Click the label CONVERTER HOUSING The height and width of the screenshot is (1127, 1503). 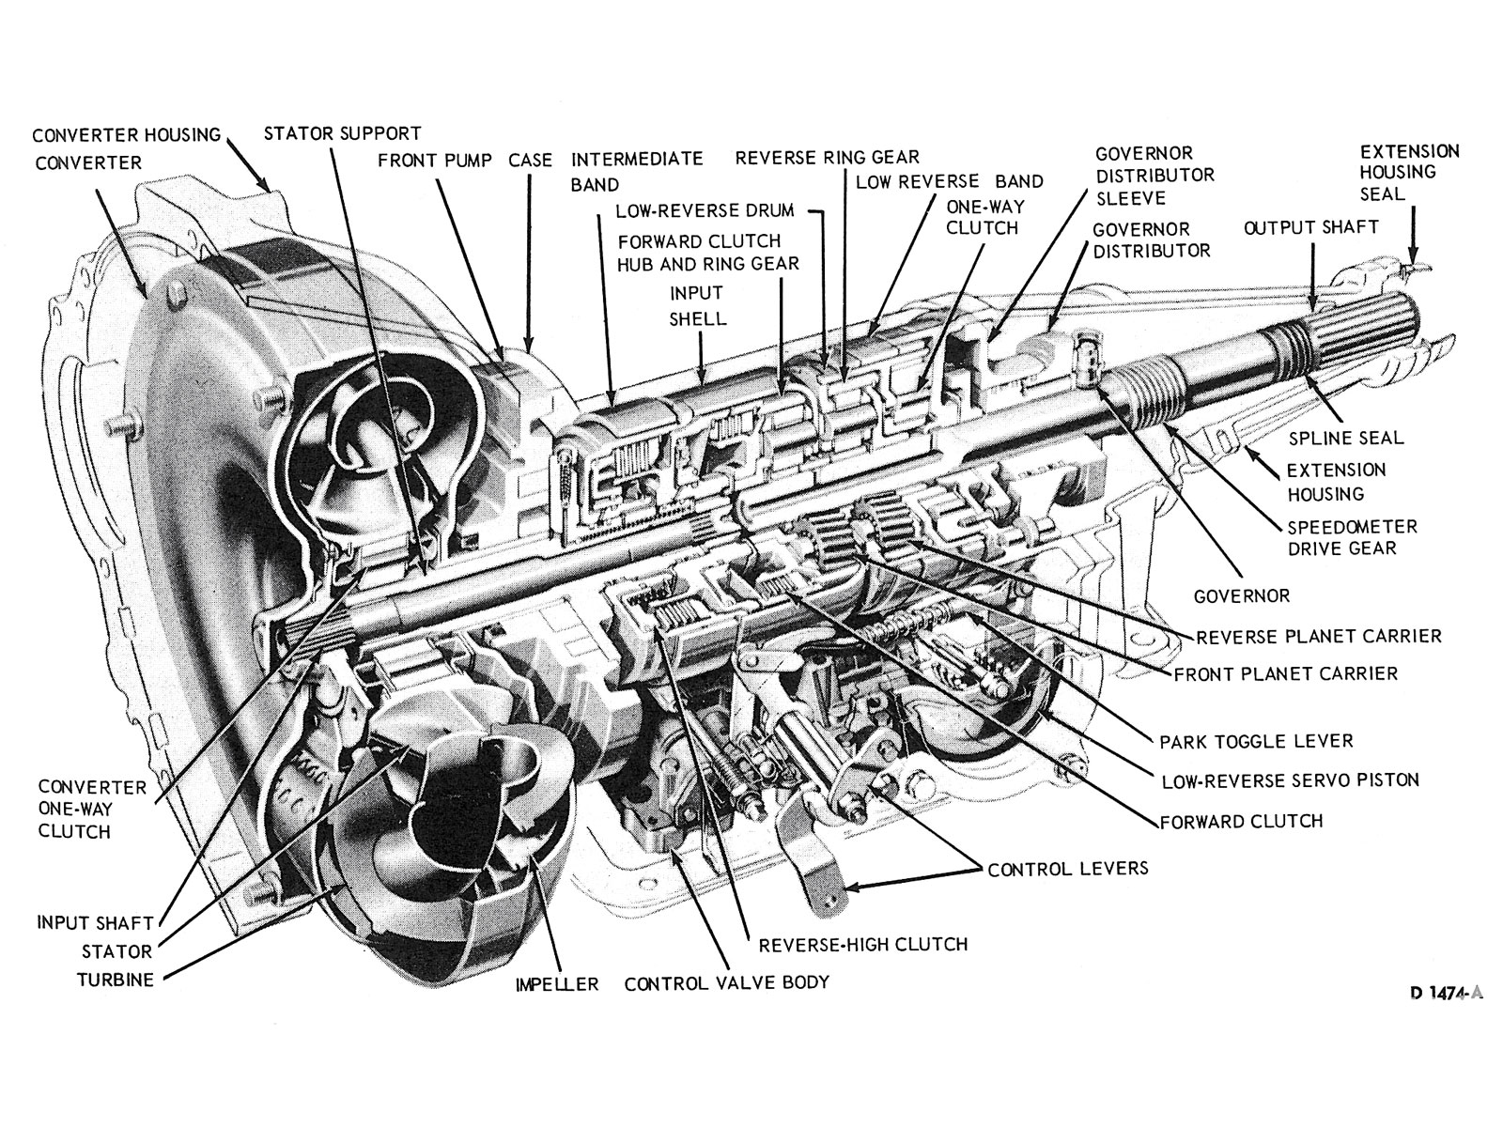[126, 134]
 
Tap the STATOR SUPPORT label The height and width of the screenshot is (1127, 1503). [342, 133]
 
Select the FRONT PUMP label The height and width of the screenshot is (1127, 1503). [434, 161]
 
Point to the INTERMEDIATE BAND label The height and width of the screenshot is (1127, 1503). [636, 171]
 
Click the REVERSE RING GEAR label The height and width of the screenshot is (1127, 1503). [827, 157]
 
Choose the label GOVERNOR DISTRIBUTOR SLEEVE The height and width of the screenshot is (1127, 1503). [1154, 176]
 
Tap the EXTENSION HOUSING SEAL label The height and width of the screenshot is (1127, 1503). [1409, 172]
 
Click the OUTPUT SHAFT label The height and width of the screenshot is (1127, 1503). [1310, 227]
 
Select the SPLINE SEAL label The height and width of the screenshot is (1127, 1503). [1345, 438]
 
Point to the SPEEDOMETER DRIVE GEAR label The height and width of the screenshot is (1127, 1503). [1352, 538]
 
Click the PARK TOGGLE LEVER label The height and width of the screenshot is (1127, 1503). [1256, 741]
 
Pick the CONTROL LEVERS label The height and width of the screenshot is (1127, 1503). [1067, 869]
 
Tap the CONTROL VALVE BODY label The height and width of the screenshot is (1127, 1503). [726, 982]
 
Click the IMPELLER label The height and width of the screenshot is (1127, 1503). [556, 984]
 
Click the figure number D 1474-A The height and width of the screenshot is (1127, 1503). [1446, 995]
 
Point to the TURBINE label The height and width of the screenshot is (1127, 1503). [115, 980]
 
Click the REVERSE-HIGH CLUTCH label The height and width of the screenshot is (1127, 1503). [862, 944]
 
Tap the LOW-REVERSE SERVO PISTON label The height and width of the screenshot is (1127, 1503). [1290, 780]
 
